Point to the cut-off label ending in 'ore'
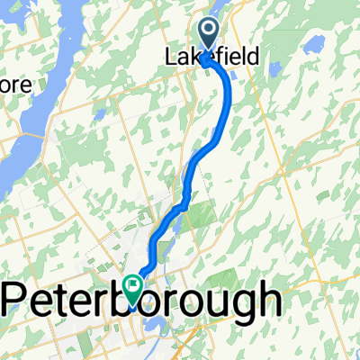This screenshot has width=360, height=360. click(17, 85)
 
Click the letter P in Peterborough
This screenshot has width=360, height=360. click(16, 297)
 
